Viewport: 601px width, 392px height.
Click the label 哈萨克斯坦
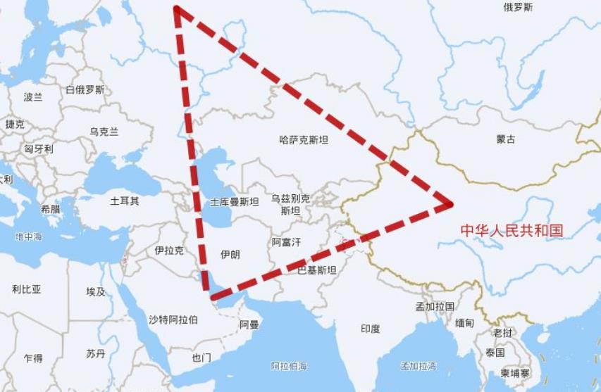[304, 140]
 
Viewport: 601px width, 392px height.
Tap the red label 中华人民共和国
[512, 230]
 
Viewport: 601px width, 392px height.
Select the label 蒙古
[506, 139]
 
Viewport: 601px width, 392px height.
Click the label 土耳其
[125, 201]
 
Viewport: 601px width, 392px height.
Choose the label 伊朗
[230, 254]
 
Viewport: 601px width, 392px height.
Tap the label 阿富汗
[286, 242]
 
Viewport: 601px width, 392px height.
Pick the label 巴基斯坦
[316, 270]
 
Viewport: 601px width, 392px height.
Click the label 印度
[371, 329]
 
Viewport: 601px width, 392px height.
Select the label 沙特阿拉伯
[173, 320]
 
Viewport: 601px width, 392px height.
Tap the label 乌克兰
[104, 132]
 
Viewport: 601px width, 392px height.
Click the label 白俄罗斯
[85, 89]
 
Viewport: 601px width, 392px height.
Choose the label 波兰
[33, 97]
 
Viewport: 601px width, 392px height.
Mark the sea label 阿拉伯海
[289, 367]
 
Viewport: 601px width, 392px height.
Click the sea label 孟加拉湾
[419, 367]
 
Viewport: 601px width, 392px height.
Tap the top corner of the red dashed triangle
[176, 9]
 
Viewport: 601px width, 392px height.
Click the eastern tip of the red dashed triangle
[449, 204]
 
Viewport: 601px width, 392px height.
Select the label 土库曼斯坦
[235, 202]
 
